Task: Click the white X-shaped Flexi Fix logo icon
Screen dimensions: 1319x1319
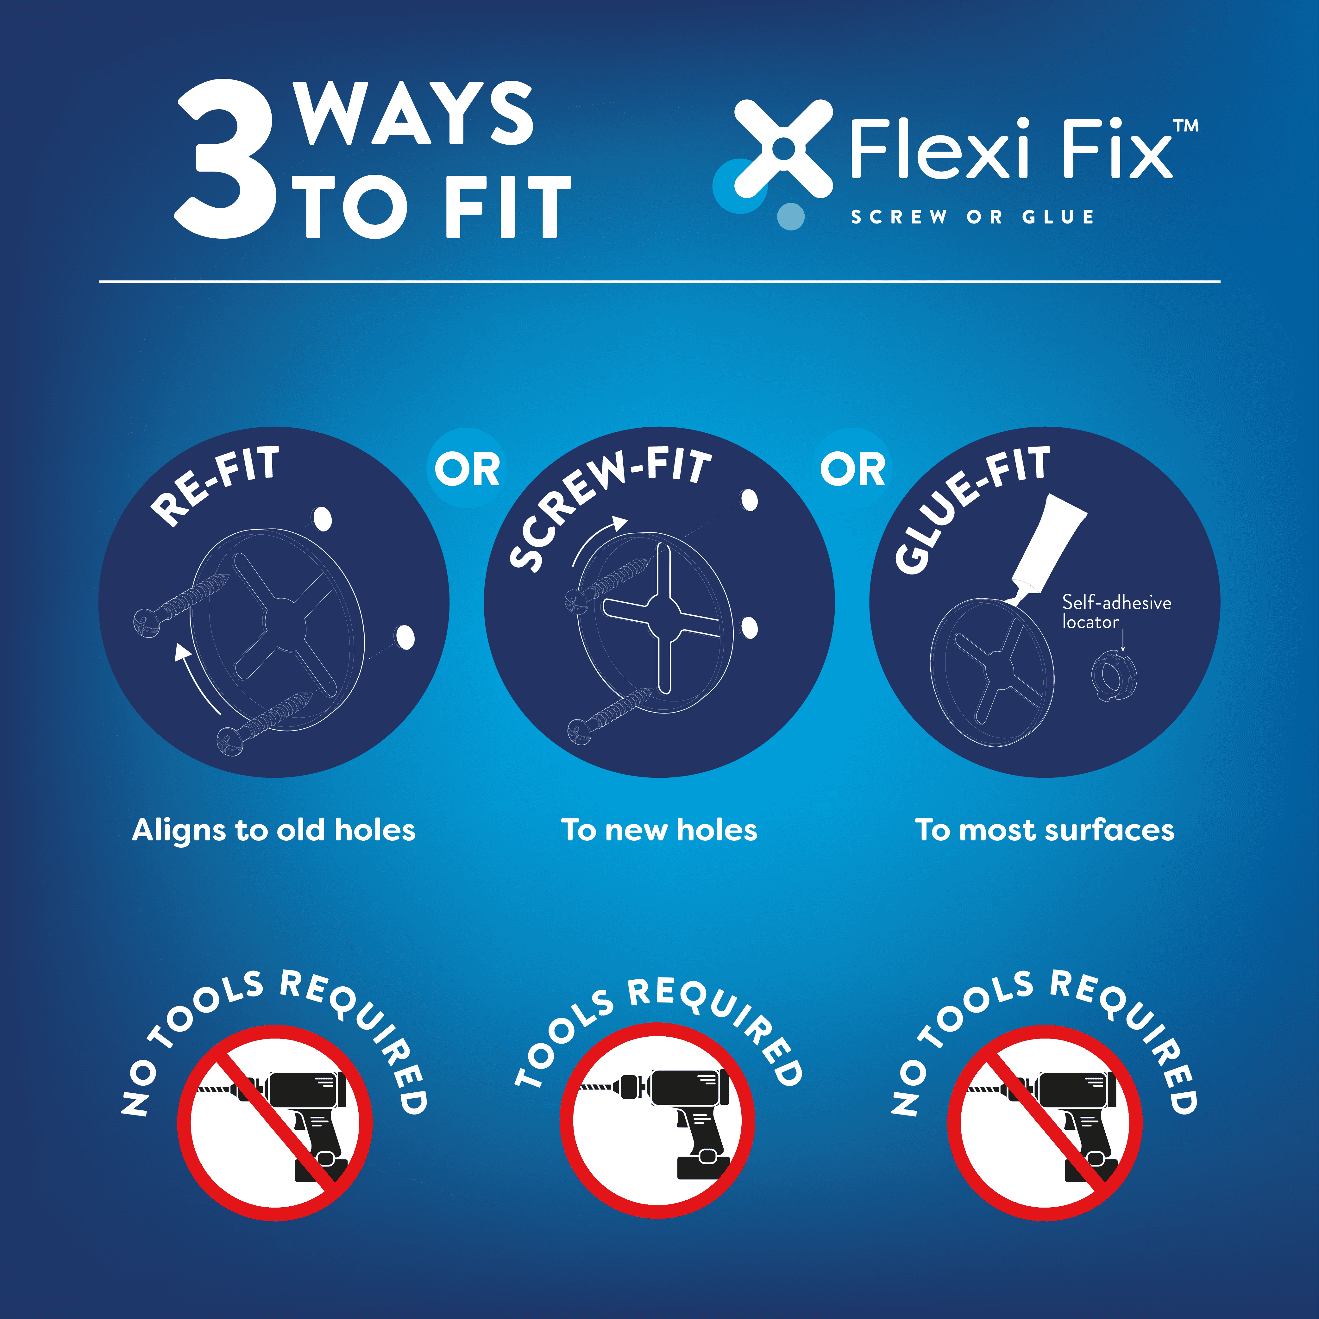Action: click(784, 148)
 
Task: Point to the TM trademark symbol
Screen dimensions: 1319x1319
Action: click(1186, 126)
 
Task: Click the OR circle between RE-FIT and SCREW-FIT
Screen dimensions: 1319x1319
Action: click(467, 468)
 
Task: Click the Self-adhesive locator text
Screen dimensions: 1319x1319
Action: click(1116, 612)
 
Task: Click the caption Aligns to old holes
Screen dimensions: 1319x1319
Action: click(274, 830)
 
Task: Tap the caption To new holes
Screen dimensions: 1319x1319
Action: click(659, 830)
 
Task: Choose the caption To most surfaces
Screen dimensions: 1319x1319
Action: click(1045, 830)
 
